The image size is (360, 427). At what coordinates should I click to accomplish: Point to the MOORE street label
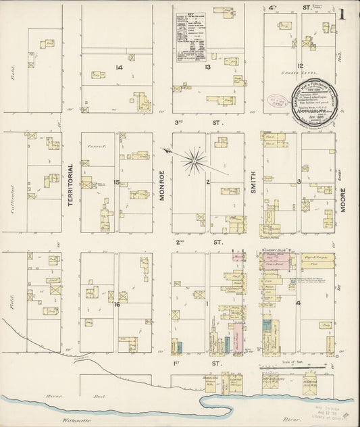click(x=344, y=199)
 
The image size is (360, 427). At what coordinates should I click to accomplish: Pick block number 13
click(x=209, y=67)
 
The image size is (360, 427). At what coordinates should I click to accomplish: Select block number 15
click(x=116, y=182)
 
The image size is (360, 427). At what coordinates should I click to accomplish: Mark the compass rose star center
click(x=195, y=159)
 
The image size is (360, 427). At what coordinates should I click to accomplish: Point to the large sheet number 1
click(x=344, y=14)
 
